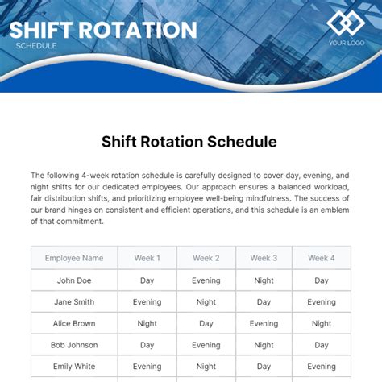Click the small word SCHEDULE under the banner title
[36, 46]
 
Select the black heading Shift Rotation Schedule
[189, 142]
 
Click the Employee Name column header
[74, 259]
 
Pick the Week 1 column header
[147, 259]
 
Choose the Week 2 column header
[206, 259]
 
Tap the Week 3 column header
[264, 259]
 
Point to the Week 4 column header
[322, 259]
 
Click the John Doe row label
[74, 280]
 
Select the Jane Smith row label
[74, 302]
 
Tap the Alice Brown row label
[74, 324]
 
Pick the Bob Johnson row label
[74, 346]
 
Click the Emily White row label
[74, 367]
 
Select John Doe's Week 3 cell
[264, 280]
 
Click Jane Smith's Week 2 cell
[206, 302]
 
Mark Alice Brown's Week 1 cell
[147, 324]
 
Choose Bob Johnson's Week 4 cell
[322, 346]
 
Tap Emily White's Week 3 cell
[264, 367]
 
